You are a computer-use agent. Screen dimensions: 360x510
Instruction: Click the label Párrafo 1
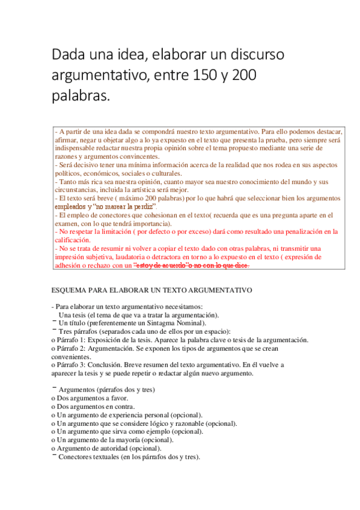click(75, 340)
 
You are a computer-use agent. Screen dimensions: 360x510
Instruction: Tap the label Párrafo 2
click(75, 348)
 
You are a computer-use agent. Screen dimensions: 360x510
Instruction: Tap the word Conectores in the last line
click(76, 456)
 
